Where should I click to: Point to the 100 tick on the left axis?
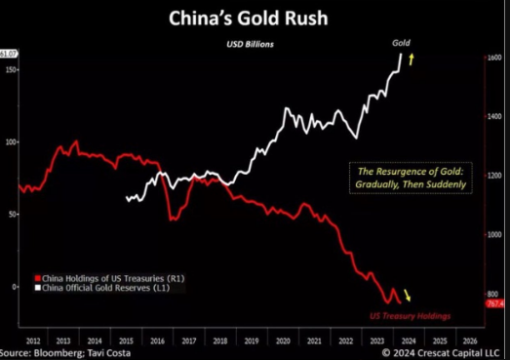12,142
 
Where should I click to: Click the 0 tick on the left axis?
14,287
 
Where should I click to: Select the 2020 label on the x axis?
283,339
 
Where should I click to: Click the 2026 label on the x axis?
469,339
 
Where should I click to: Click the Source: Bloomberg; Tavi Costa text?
59,352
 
